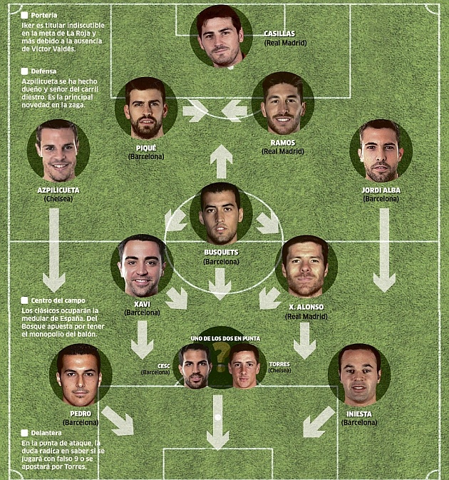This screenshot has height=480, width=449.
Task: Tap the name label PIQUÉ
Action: click(146, 148)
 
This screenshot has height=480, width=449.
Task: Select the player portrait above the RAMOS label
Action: click(282, 104)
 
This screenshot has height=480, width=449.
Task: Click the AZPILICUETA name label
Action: click(59, 190)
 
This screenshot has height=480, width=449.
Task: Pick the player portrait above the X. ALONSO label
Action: click(305, 266)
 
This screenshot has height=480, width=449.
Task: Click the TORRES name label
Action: click(279, 364)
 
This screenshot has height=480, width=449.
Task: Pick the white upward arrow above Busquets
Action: click(221, 161)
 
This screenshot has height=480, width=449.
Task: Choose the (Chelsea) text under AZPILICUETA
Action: click(59, 199)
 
